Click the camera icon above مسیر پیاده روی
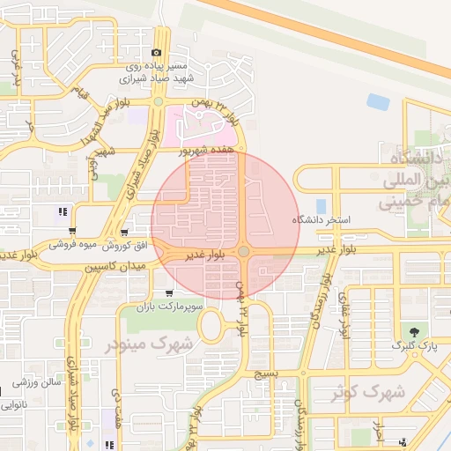[158, 54]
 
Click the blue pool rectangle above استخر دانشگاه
[321, 206]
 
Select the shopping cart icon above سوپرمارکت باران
[169, 293]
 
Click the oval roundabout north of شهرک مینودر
[212, 327]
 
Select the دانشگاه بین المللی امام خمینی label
[414, 181]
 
